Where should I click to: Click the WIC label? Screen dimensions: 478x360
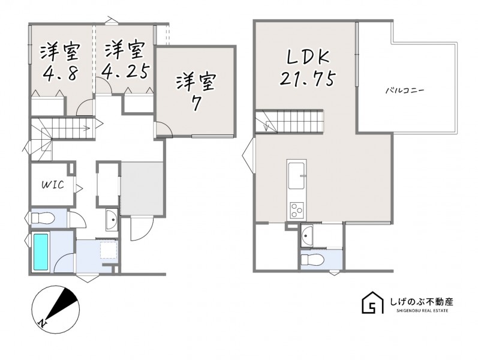(x=53, y=185)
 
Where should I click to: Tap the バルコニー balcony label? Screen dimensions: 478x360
(x=405, y=91)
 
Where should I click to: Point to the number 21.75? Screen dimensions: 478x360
(x=308, y=79)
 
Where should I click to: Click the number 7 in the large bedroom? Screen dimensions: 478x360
(x=196, y=103)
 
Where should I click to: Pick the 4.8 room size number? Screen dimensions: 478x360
(x=61, y=73)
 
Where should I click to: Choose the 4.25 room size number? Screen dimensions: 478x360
(x=125, y=71)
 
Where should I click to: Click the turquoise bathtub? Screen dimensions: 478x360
(x=41, y=252)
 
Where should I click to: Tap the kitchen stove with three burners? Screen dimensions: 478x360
(x=297, y=210)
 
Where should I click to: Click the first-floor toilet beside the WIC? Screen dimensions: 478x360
(x=43, y=218)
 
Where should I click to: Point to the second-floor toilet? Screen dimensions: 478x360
(x=312, y=260)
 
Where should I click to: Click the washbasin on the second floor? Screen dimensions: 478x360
(x=306, y=236)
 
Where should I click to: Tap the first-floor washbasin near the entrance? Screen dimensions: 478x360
(x=112, y=220)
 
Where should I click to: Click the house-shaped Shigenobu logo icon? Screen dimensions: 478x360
(x=372, y=302)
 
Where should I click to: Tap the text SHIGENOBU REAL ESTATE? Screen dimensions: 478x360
(x=422, y=311)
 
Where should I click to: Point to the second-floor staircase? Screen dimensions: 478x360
(x=289, y=121)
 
